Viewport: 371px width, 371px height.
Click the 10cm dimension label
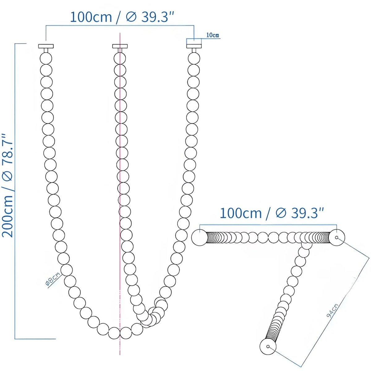213,35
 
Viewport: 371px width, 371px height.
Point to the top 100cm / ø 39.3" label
123,17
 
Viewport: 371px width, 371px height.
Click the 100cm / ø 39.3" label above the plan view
272,213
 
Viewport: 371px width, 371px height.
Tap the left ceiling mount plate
46,46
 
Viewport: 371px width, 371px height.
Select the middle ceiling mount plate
120,46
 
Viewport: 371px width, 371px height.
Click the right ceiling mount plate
194,46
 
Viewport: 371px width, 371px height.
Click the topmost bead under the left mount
46,58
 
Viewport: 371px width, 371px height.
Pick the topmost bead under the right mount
194,58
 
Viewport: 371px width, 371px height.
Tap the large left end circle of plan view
199,238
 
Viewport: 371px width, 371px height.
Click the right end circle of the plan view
336,237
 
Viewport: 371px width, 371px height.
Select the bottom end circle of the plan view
268,346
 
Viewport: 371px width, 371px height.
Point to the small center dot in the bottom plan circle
268,346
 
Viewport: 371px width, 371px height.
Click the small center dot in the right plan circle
336,237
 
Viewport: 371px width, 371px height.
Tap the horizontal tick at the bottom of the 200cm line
35,339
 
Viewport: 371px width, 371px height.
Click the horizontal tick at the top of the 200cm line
20,44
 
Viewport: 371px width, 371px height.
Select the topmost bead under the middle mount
120,58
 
